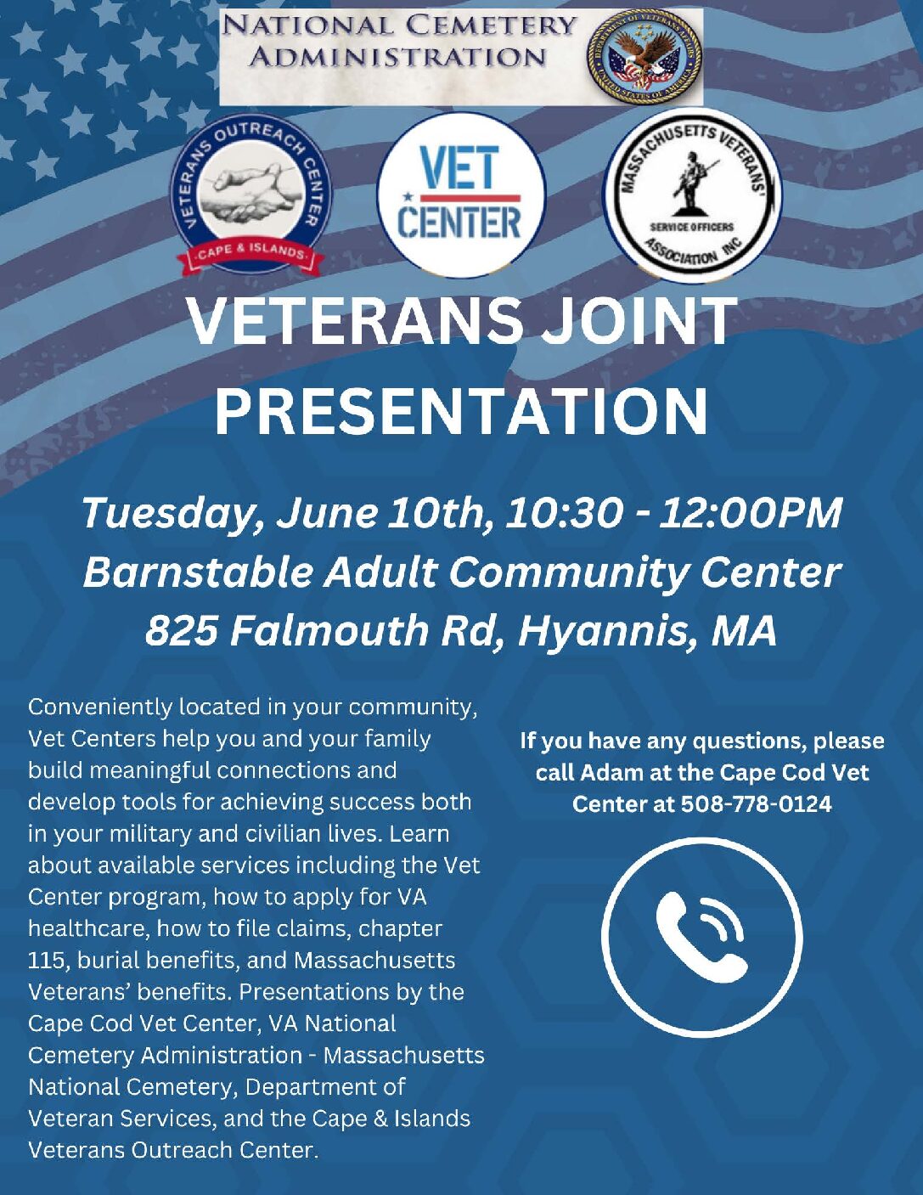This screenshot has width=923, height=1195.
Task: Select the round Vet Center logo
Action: click(x=461, y=194)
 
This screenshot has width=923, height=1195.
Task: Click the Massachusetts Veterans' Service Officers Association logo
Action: click(x=693, y=194)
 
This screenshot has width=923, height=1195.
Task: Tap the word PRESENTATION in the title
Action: click(x=461, y=411)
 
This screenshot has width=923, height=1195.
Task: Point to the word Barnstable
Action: click(x=198, y=572)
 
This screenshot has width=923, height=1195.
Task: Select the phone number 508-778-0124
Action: click(x=756, y=804)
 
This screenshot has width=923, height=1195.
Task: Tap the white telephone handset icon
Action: click(x=701, y=937)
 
